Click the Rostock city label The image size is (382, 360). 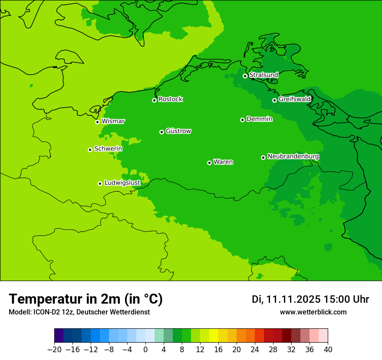[170, 99]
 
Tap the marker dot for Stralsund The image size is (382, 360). [245, 76]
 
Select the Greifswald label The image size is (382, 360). [294, 99]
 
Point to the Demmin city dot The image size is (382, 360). [242, 120]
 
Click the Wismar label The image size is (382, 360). [113, 121]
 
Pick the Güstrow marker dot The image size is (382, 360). [161, 132]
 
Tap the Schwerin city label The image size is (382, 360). [108, 149]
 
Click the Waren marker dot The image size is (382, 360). [209, 163]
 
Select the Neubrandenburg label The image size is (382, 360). [293, 157]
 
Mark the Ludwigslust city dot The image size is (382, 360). [100, 183]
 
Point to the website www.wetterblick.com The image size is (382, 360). [313, 312]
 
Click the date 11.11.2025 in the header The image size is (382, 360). [293, 299]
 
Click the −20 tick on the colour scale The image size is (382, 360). [54, 350]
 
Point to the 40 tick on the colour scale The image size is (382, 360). [328, 350]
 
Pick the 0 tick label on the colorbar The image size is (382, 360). [145, 350]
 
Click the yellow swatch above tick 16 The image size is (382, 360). [214, 336]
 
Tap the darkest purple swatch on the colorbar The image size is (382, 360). [59, 336]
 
